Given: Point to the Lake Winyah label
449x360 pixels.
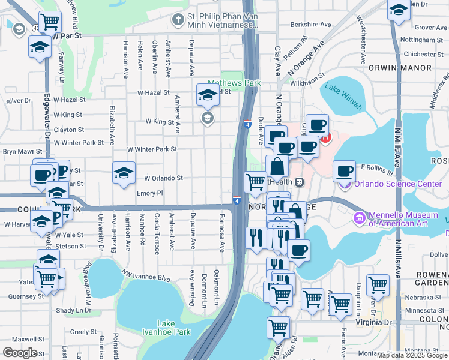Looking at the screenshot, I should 343,96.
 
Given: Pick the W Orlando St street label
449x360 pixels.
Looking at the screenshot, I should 163,178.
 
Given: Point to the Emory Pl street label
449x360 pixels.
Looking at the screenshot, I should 149,193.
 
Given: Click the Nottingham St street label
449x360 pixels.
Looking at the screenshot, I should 421,40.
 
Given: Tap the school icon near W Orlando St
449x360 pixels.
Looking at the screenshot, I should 123,173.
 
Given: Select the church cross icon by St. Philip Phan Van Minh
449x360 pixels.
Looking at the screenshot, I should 178,20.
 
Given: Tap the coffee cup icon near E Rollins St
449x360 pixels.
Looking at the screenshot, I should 345,172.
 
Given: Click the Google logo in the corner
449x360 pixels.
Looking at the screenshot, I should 20,353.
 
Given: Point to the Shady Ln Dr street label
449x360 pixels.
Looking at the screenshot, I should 72,310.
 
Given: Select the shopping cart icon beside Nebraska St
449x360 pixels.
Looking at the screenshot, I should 378,284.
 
